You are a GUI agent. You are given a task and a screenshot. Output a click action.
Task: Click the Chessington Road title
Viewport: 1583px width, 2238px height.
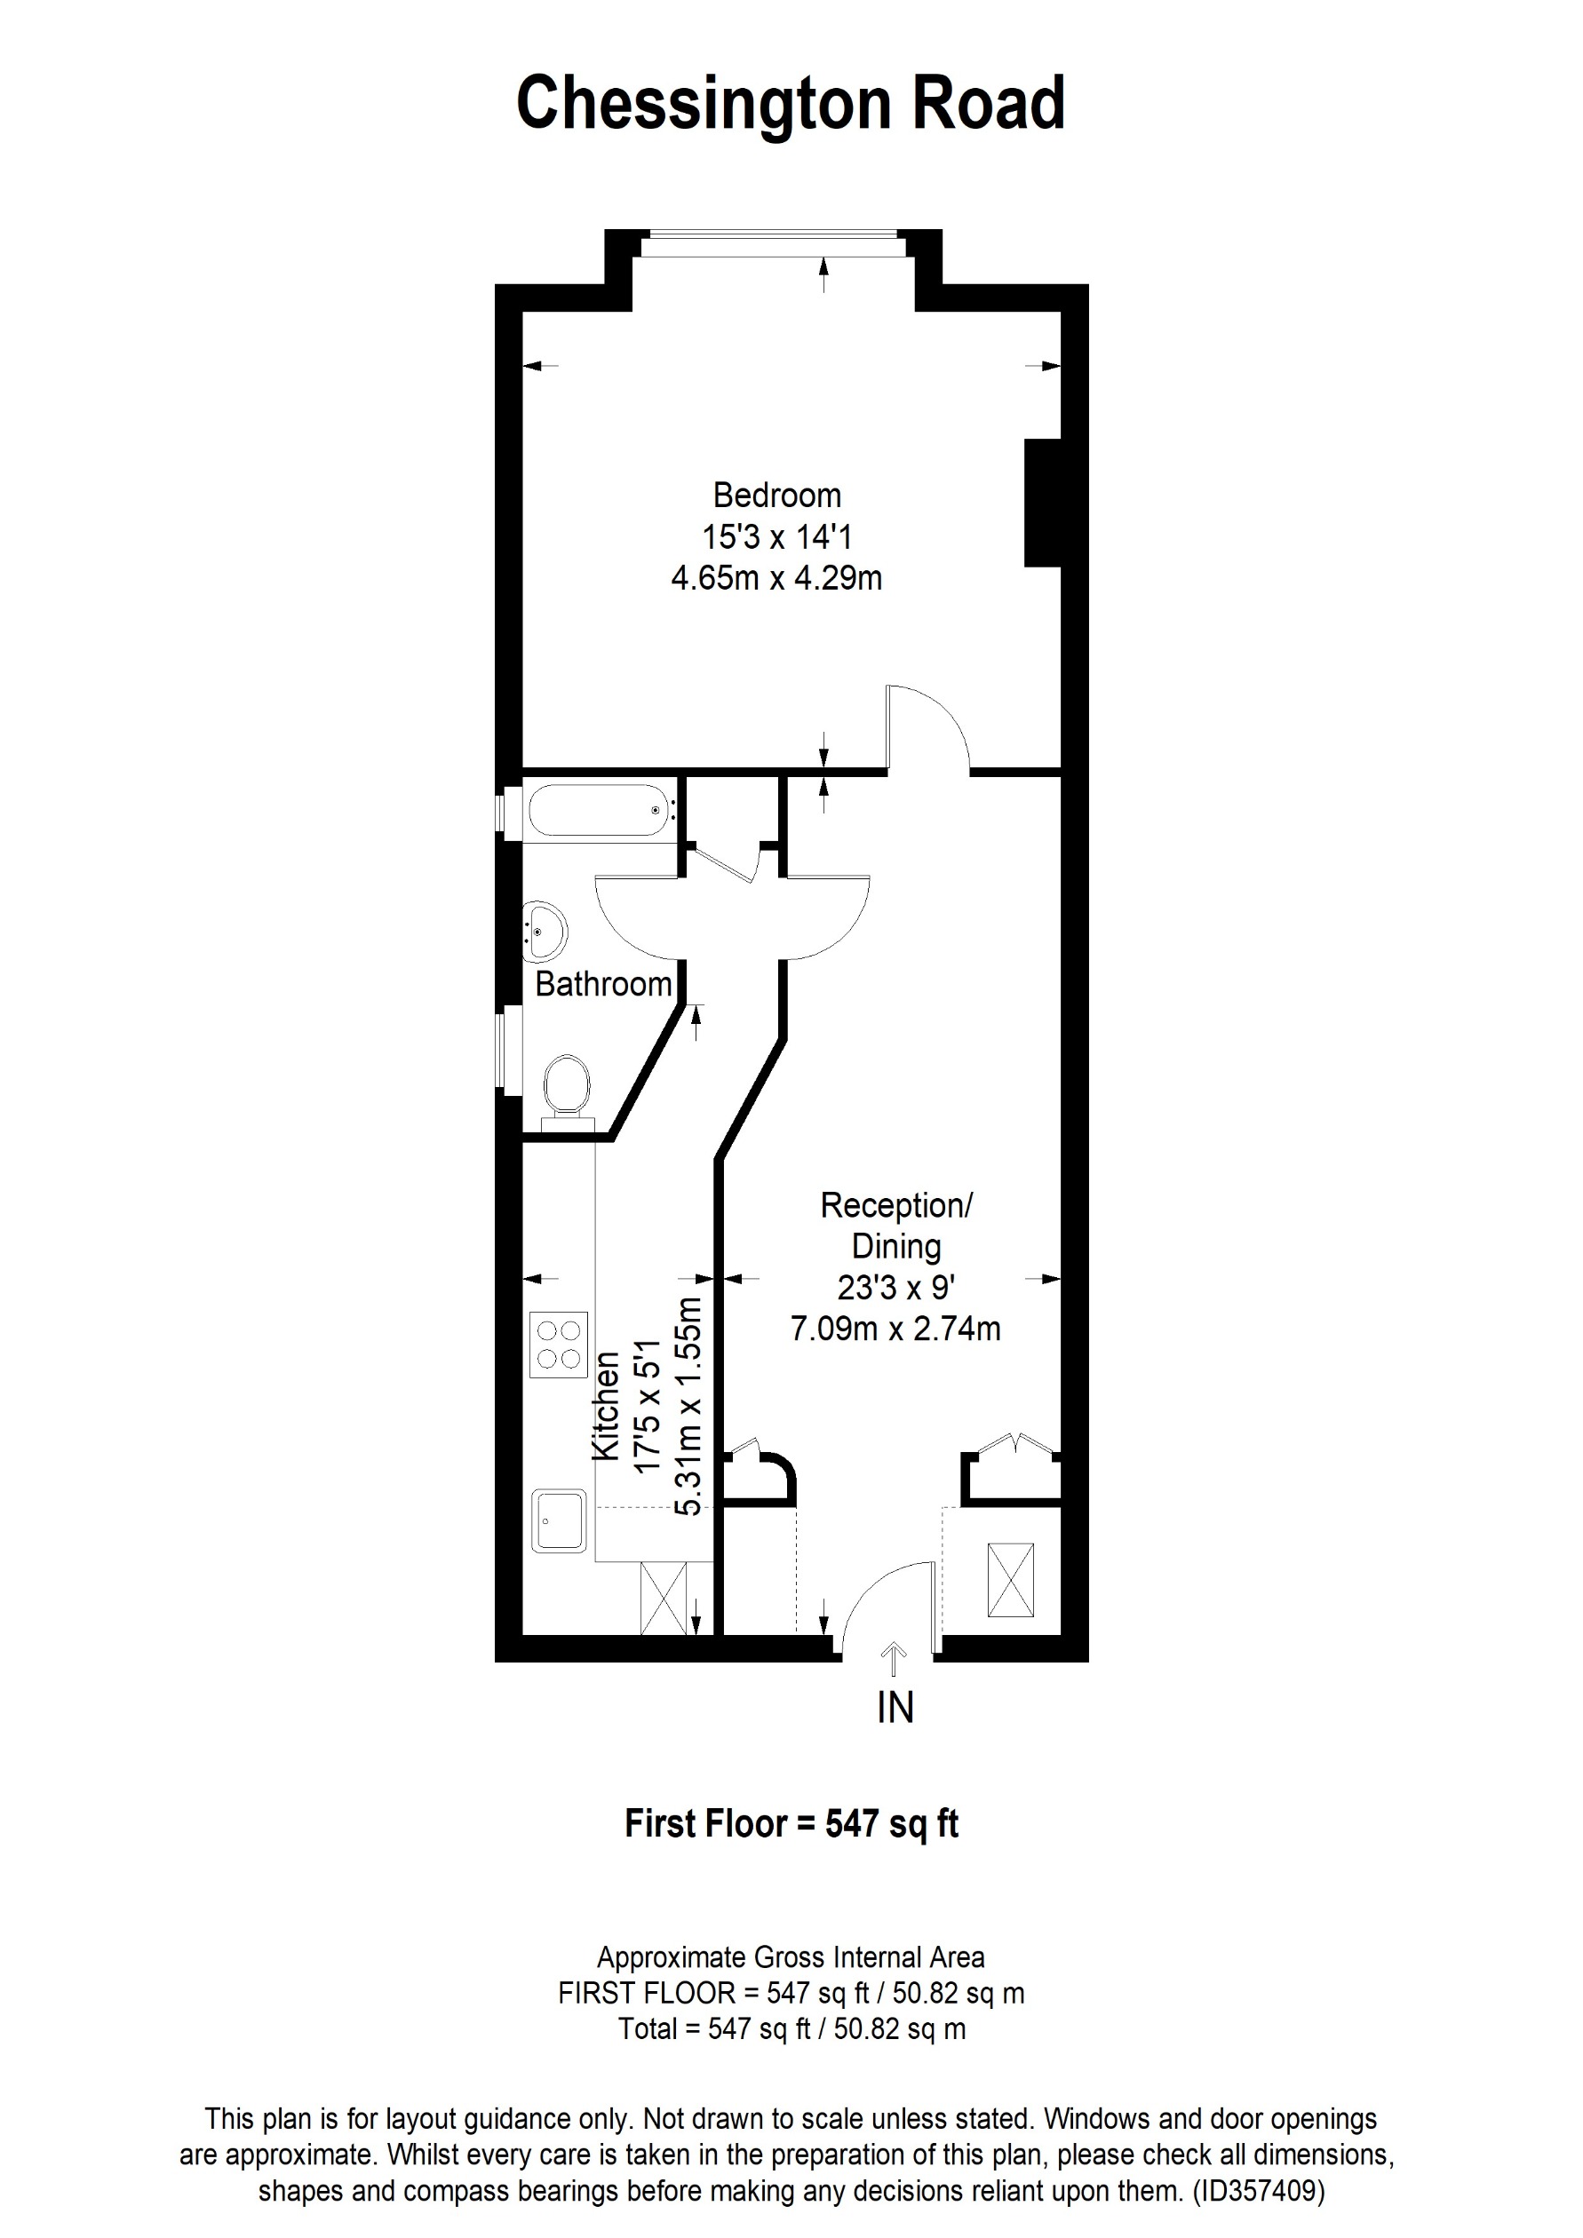[x=791, y=104]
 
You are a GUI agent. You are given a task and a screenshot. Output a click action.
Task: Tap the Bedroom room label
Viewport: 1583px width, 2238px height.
[x=777, y=496]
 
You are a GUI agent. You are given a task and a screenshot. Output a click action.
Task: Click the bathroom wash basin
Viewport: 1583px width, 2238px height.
[x=545, y=931]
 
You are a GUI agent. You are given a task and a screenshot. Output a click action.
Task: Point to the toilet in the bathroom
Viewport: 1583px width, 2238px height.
[x=567, y=1085]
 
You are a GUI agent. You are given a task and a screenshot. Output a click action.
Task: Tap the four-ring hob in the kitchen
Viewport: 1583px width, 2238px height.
[x=560, y=1345]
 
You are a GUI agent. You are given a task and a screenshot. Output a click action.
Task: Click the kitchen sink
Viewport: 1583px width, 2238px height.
[x=560, y=1520]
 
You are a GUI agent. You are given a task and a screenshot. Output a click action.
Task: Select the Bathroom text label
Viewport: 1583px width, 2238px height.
[x=603, y=985]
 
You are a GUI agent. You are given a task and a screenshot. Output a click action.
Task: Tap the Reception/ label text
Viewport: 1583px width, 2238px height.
[x=895, y=1206]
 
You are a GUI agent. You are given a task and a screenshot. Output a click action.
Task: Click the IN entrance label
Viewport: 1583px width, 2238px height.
[x=895, y=1708]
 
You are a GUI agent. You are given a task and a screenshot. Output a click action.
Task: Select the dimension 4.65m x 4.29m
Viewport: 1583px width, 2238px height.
[x=777, y=578]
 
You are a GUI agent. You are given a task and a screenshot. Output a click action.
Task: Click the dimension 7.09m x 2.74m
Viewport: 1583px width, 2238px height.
[x=895, y=1329]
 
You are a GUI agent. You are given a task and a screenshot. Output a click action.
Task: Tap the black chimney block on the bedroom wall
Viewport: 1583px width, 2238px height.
[x=1042, y=502]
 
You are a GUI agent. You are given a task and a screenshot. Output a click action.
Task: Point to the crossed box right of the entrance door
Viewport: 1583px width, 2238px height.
[x=1010, y=1579]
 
